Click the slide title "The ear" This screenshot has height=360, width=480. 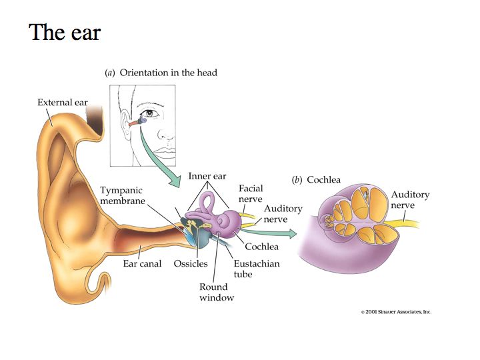65,32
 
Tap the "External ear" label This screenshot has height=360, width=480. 62,103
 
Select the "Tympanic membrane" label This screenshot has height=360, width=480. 122,195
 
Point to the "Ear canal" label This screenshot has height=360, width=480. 142,263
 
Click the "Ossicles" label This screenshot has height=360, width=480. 191,263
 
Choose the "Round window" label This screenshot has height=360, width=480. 217,292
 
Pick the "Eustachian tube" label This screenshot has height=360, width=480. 257,269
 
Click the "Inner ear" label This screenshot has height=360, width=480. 207,177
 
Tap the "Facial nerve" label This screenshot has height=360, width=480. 251,194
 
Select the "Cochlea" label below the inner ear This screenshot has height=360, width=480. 261,246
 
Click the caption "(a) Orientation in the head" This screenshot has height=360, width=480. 161,73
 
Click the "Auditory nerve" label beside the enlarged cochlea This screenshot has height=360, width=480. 410,200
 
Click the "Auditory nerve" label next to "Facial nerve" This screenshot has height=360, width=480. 283,214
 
